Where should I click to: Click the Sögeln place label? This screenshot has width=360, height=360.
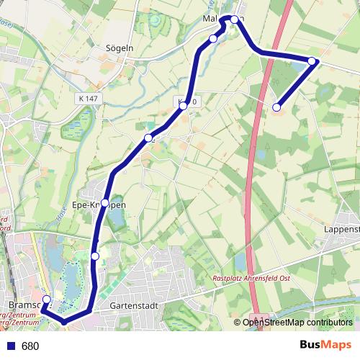point(119,49)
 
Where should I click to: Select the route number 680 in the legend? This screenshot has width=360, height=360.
point(30,346)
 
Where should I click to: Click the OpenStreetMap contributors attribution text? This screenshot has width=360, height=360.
point(298,323)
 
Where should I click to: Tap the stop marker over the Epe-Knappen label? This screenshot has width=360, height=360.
point(106,203)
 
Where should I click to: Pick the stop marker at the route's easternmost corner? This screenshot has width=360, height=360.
point(312,61)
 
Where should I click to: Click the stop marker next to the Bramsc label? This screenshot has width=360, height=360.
point(46,300)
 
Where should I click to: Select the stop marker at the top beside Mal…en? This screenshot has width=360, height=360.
point(235,19)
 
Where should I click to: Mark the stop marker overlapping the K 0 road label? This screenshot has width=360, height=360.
point(184,106)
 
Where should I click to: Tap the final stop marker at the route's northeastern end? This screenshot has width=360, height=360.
point(276,107)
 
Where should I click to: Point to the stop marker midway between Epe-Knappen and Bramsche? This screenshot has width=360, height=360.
point(95,256)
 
